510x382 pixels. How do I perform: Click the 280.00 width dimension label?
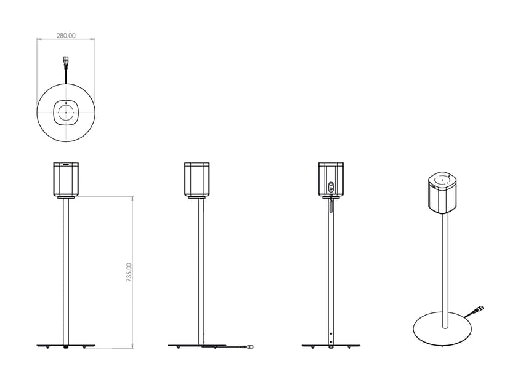point(66,36)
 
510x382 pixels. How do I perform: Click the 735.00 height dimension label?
point(129,273)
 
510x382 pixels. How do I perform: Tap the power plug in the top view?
point(66,61)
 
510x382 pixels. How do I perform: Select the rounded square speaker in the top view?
point(66,113)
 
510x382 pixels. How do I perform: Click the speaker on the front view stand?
point(66,179)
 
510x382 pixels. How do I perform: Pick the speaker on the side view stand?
point(196,179)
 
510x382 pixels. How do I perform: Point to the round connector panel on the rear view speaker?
point(331,188)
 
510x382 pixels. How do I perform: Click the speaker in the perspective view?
point(442,193)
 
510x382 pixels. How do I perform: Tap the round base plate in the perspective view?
point(442,328)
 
